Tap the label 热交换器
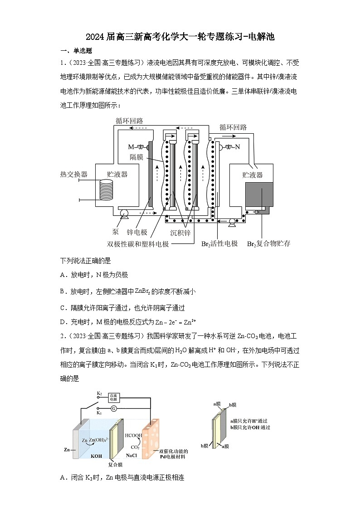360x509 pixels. (74, 175)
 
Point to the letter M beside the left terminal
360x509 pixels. (131, 147)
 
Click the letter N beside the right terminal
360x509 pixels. (237, 147)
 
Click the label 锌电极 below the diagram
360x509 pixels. (137, 232)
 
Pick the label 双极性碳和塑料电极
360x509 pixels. (138, 244)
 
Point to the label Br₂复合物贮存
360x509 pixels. (268, 244)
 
